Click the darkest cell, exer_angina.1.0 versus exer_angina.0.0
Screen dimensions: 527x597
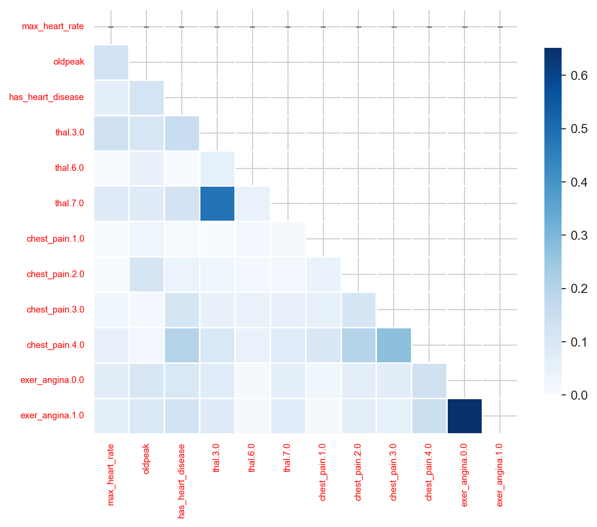[464, 416]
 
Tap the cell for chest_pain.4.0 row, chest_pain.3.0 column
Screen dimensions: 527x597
[394, 345]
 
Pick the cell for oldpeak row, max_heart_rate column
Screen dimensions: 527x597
[111, 62]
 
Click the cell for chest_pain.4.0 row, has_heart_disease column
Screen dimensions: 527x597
[181, 345]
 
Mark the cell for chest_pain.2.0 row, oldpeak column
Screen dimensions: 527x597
[146, 274]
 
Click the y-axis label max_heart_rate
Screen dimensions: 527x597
[53, 26]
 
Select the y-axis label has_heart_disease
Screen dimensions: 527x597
[46, 97]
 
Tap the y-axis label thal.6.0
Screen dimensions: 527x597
[69, 168]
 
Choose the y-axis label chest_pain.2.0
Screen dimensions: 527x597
[55, 274]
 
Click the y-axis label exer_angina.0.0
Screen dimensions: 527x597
[52, 381]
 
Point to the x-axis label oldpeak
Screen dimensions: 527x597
[146, 459]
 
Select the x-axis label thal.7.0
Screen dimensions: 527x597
[287, 458]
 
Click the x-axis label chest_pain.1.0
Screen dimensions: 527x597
[322, 472]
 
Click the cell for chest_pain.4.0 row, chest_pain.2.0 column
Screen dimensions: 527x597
[358, 345]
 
